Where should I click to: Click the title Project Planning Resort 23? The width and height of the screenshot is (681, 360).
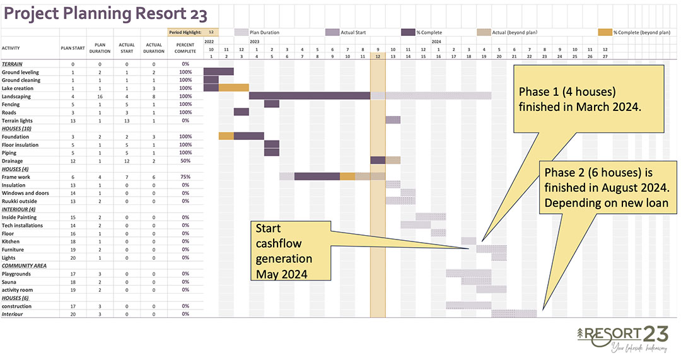point(105,14)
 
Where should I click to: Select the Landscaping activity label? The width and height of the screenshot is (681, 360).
point(16,96)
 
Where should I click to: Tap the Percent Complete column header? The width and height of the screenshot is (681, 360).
point(185,48)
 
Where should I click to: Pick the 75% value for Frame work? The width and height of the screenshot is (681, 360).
point(185,177)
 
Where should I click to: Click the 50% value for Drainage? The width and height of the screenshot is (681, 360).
point(185,161)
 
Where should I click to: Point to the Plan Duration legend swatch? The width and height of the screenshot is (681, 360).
point(241,32)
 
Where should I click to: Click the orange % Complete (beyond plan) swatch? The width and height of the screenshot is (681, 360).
point(605,32)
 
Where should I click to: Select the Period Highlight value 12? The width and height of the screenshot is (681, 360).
point(211,32)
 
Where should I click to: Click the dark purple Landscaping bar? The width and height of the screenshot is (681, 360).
point(310,96)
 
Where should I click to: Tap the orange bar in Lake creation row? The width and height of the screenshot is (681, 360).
point(234,88)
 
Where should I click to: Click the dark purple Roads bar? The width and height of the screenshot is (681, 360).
point(242,112)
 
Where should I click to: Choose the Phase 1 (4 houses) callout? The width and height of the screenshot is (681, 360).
point(588,99)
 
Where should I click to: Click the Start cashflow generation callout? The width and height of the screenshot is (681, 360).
point(291,250)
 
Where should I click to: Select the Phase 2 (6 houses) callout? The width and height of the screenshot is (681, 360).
point(608,188)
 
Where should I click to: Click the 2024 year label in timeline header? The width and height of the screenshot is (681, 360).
point(436,42)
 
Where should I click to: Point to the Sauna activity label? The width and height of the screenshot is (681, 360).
point(9,282)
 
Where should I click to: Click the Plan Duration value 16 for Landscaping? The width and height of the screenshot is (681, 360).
point(100,96)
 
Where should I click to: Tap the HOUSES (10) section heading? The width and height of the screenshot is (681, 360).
point(16,129)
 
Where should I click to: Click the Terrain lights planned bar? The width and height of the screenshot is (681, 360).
point(393,120)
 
